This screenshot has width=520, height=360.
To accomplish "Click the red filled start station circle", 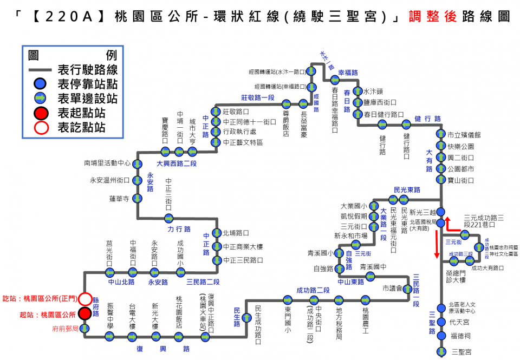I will pos(84,313).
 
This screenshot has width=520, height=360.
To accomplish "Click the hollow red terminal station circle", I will pos(84,298).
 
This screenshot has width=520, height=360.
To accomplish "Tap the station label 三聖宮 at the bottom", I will pos(461,352).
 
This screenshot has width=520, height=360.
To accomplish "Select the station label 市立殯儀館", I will pos(465,135).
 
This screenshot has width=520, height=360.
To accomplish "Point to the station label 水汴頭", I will pos(373,91).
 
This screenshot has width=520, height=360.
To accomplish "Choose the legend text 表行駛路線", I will pos(87,70).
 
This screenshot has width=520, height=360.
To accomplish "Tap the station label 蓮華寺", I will pos(119,199).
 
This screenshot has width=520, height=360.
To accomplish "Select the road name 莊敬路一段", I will pos(258,97).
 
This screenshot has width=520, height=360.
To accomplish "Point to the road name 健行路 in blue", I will pos(428,119).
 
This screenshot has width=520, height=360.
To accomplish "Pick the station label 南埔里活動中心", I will pos(108,162).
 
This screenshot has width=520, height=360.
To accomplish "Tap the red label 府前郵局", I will pos(66,328).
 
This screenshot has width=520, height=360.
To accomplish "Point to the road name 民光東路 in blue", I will pos(407,189).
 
